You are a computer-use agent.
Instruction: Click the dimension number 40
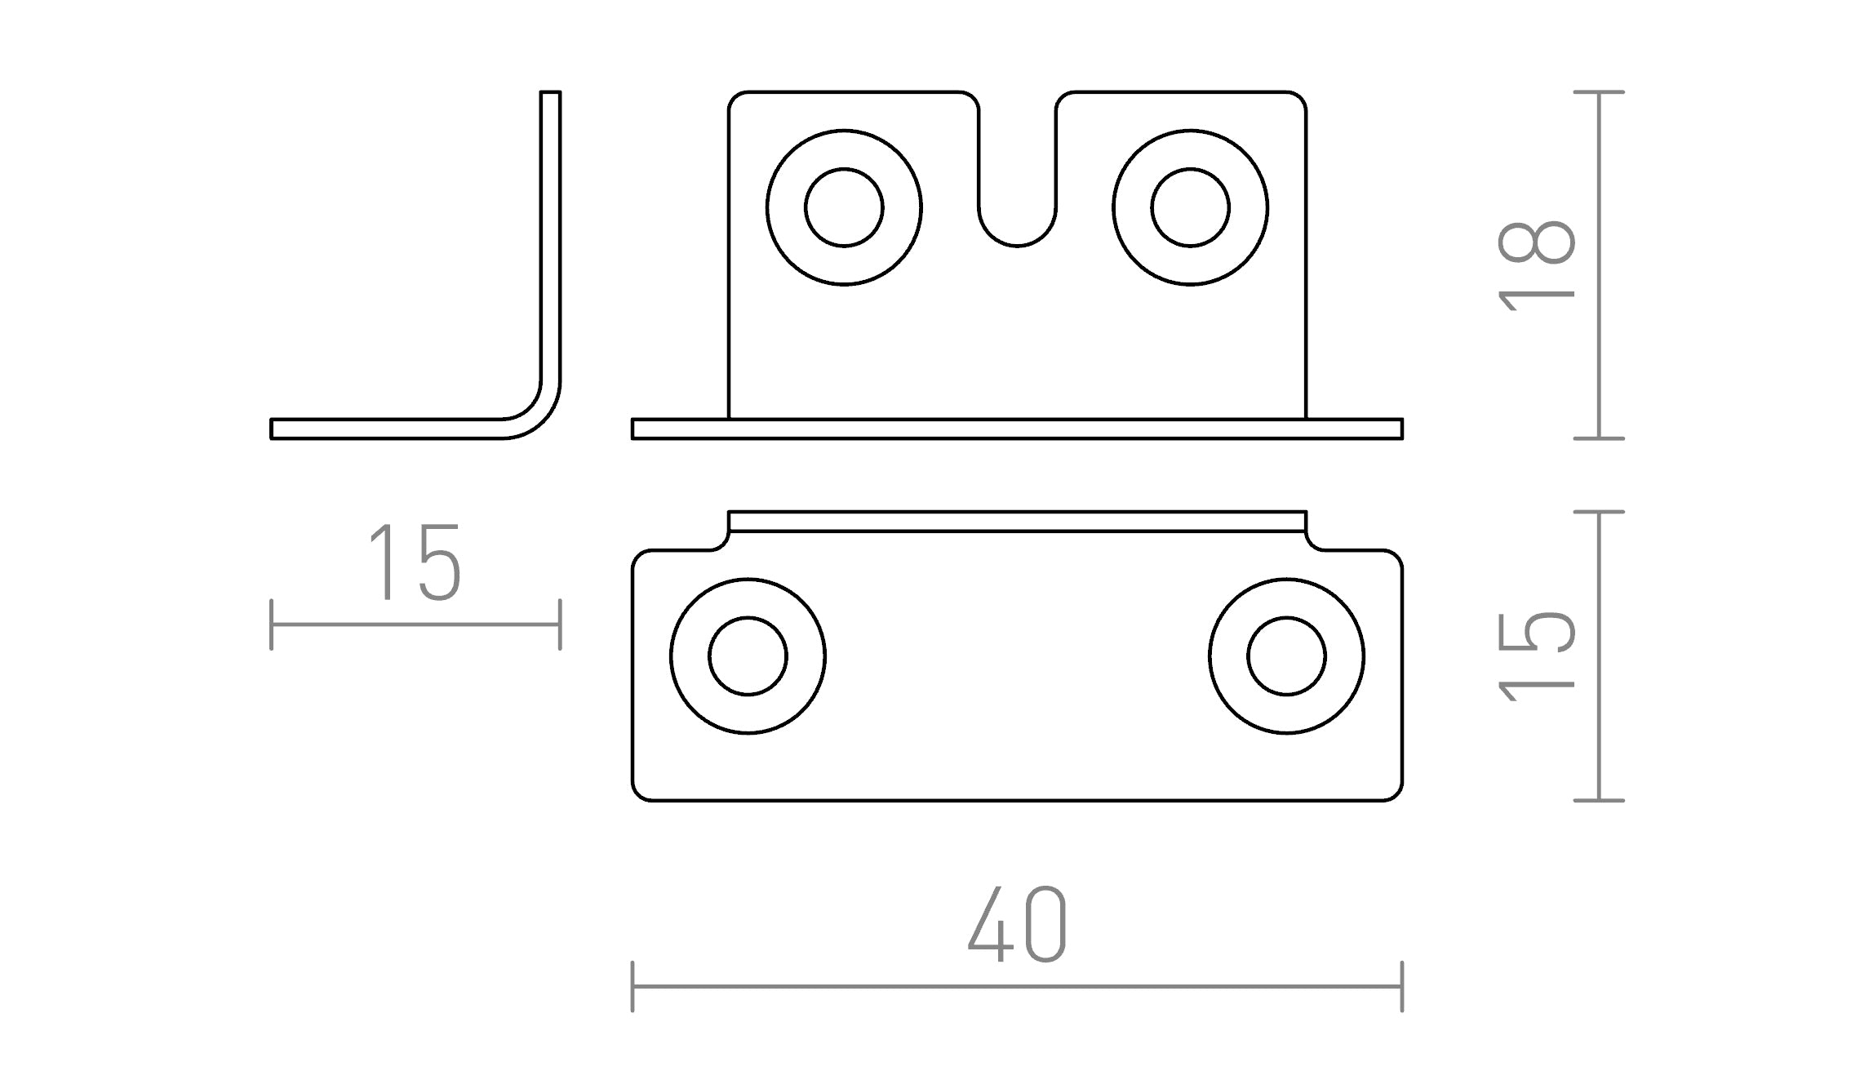coord(1017,923)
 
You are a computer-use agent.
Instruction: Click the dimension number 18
coord(1536,265)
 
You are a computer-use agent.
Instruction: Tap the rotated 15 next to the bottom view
coord(1536,656)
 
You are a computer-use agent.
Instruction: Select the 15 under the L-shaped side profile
coord(415,562)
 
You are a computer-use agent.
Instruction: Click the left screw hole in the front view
coord(844,207)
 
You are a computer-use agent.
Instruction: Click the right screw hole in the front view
coord(1190,207)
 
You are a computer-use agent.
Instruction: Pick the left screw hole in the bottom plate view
coord(748,656)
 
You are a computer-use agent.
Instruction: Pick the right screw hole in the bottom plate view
coord(1286,656)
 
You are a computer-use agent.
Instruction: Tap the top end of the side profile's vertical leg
coord(550,94)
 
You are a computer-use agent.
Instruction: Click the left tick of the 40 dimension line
coord(633,986)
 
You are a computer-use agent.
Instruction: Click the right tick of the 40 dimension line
coord(1402,986)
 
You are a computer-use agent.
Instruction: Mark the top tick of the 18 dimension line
coord(1599,92)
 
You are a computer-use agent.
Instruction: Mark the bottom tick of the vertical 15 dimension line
coord(1599,800)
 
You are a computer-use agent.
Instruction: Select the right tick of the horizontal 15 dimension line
coord(560,624)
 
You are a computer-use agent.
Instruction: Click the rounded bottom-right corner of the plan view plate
coord(1392,791)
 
